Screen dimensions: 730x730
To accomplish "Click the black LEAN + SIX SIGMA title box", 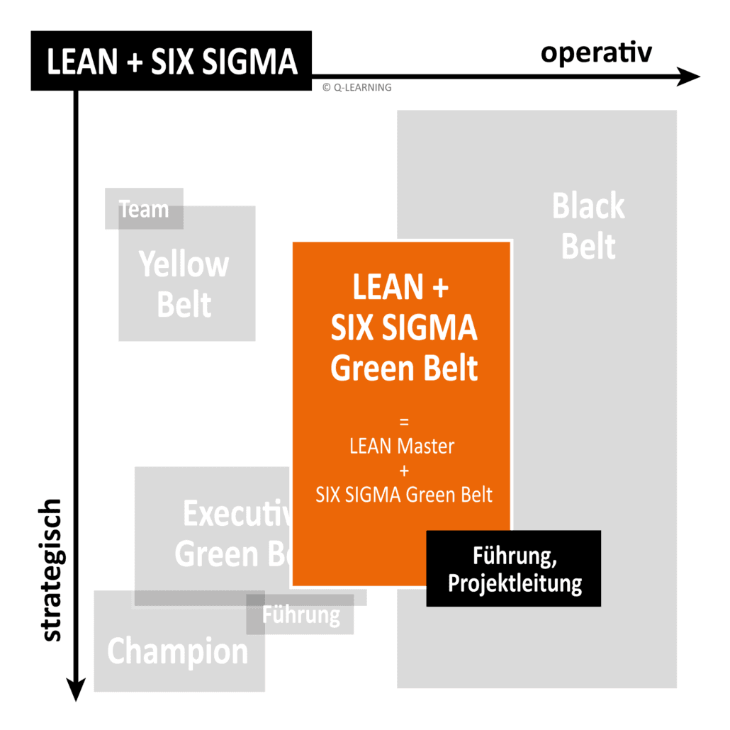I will tap(171, 61).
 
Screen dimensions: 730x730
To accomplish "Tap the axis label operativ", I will tap(596, 53).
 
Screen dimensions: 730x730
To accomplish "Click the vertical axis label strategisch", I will tap(51, 571).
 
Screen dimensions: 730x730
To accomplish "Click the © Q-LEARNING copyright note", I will tap(356, 87).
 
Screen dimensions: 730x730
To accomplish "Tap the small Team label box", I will tap(144, 209).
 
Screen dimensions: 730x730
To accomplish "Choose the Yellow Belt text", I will tap(184, 285).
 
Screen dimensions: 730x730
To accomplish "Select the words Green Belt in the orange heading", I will tap(404, 369).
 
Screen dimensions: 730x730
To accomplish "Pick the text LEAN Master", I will tap(402, 447).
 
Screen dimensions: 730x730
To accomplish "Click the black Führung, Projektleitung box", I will tap(513, 569).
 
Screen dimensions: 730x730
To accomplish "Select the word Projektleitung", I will tap(515, 584).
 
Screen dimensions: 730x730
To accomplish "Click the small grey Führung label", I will tap(301, 614).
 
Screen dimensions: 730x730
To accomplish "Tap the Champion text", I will tap(178, 651).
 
